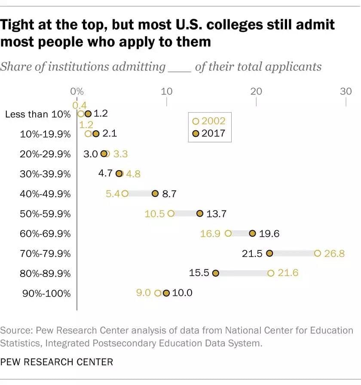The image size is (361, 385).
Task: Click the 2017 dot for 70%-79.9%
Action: pos(269,253)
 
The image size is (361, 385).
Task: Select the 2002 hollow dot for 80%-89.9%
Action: pos(270,273)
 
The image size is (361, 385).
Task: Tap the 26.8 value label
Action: pos(334,253)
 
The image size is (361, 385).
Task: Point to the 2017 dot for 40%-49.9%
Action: pos(155,194)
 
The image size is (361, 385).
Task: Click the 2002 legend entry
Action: pos(209,121)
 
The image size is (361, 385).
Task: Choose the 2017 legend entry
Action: pos(209,133)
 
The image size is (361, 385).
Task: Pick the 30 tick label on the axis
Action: pos(346,91)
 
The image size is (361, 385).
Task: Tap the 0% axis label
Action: pos(76,91)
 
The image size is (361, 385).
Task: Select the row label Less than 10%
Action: pos(37,114)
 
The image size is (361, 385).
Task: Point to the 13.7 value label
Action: pos(218,214)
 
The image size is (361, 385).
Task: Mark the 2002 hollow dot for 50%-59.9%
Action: pos(171,214)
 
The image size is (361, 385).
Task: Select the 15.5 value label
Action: pos(199,273)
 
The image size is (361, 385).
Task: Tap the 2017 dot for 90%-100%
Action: pos(166,293)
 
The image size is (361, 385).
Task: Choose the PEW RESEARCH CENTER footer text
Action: pos(57,362)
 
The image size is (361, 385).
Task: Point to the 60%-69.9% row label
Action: pos(45,234)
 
